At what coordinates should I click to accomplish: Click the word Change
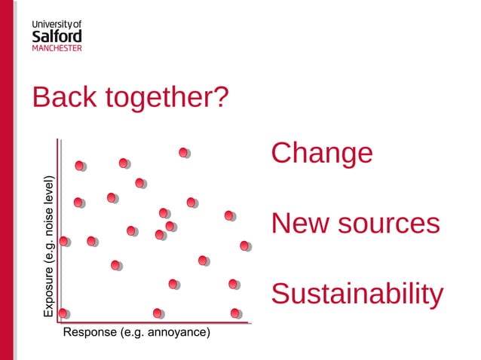(x=322, y=153)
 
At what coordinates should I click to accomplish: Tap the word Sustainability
(x=357, y=294)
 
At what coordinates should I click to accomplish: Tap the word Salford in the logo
(x=57, y=36)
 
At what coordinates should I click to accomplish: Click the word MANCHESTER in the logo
(x=57, y=48)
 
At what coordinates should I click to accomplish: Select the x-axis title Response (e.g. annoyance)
(x=136, y=332)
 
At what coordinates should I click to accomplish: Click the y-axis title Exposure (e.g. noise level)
(x=49, y=246)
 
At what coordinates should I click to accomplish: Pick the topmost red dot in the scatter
(x=183, y=152)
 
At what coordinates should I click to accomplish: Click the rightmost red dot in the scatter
(x=244, y=246)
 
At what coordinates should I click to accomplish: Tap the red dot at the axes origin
(x=63, y=313)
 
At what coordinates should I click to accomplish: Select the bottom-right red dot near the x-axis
(x=235, y=313)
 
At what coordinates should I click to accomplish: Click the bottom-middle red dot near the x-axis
(x=157, y=313)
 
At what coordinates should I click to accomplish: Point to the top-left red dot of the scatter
(x=80, y=165)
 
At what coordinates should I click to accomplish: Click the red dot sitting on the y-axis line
(x=63, y=241)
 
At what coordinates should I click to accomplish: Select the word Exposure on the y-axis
(x=49, y=291)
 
